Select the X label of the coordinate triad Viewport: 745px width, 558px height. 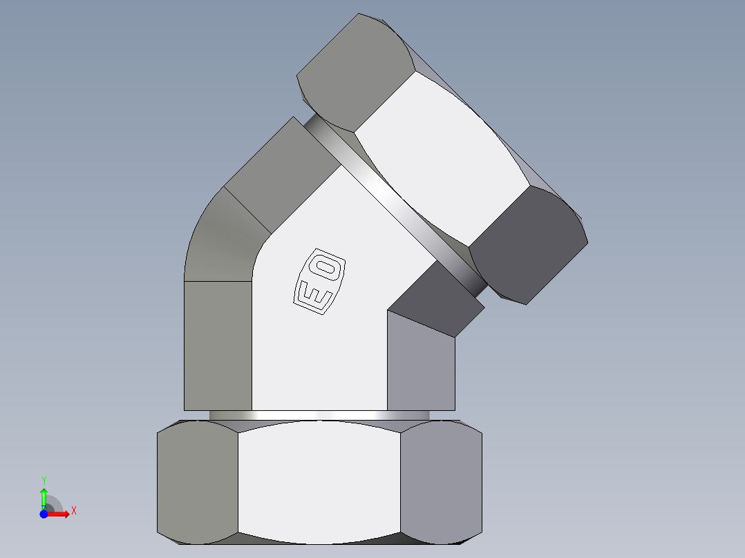click(73, 511)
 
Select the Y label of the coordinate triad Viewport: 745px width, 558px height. click(44, 480)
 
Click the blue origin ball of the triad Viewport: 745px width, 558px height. click(44, 514)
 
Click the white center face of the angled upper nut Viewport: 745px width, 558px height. click(442, 159)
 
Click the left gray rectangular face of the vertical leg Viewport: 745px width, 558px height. click(218, 345)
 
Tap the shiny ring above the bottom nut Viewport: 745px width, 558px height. click(319, 415)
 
